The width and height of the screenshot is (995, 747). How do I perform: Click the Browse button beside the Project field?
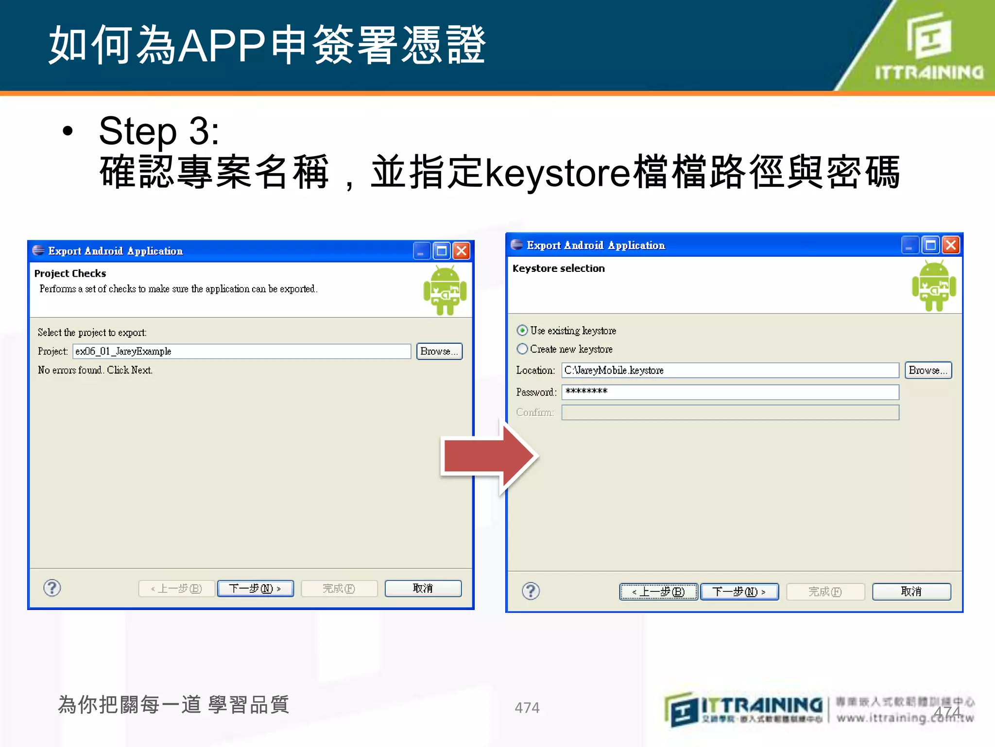[439, 351]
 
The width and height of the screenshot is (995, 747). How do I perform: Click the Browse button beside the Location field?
[928, 370]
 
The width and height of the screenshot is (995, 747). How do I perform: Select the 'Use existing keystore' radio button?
[522, 331]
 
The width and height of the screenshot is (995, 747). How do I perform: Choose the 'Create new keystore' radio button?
[522, 349]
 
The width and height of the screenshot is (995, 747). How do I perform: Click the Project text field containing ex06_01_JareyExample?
[242, 351]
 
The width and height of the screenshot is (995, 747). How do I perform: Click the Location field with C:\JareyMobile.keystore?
[730, 370]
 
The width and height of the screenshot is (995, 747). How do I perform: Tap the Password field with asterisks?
[730, 392]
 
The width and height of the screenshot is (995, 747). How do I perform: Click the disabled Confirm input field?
[730, 412]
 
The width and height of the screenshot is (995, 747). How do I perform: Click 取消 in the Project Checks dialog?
[423, 588]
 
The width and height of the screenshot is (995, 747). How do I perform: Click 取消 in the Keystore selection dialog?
[911, 591]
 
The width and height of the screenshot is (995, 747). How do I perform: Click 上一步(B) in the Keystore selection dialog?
[659, 591]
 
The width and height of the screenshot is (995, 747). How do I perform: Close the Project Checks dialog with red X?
[462, 251]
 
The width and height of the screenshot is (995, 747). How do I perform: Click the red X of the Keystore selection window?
[951, 245]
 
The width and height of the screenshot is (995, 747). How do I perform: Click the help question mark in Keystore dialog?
[531, 591]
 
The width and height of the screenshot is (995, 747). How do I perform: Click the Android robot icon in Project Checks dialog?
[445, 290]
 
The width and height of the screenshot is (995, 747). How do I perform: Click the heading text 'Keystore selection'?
[559, 268]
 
